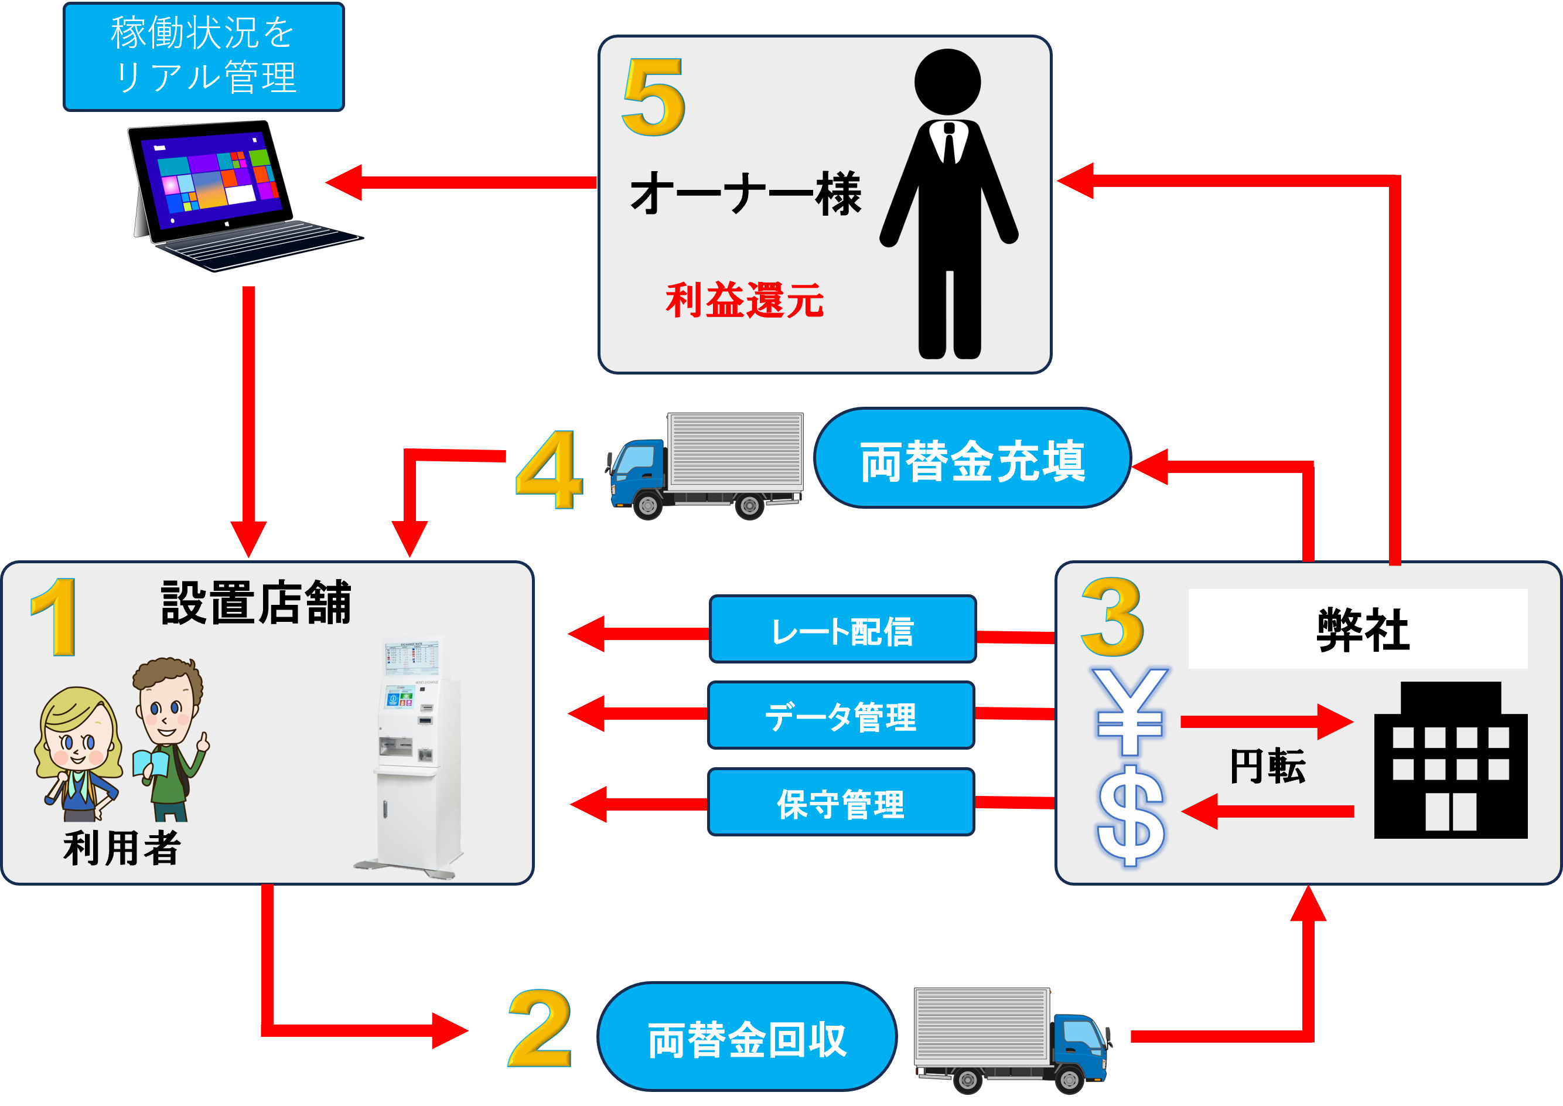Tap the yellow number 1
[55, 617]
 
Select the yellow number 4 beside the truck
[550, 470]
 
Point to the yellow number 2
[539, 1029]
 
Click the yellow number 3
[1112, 617]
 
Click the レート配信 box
[843, 630]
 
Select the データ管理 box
[841, 716]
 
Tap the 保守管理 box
[841, 802]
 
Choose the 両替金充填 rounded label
[972, 459]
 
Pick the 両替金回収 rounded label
[747, 1038]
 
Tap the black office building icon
[1450, 763]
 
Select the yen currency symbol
[1130, 712]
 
